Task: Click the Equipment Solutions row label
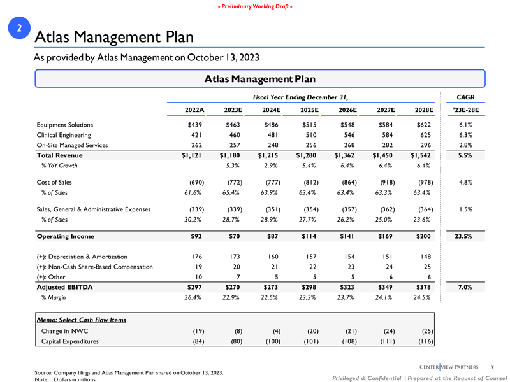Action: coord(68,125)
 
